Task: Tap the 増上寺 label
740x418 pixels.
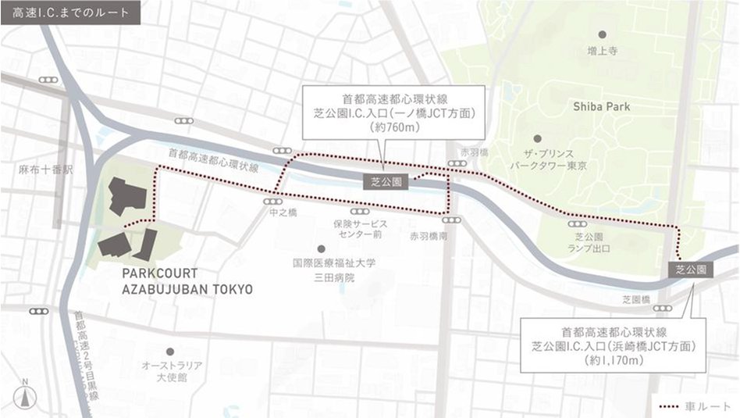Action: pyautogui.click(x=602, y=51)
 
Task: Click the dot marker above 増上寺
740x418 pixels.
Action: pyautogui.click(x=602, y=34)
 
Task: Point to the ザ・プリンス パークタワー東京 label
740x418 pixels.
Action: pyautogui.click(x=548, y=160)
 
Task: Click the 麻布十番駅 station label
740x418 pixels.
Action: pyautogui.click(x=40, y=169)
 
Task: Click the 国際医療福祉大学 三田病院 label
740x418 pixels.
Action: pyautogui.click(x=334, y=270)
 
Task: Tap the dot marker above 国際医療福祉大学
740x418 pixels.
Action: pyautogui.click(x=320, y=248)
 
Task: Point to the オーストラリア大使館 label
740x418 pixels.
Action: pyautogui.click(x=172, y=371)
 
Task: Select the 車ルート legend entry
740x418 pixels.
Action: pyautogui.click(x=695, y=406)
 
